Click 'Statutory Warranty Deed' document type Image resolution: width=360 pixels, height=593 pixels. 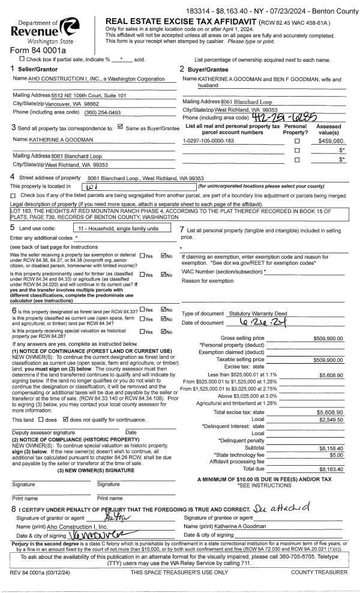tap(258, 314)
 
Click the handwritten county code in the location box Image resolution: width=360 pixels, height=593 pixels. tap(96, 187)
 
